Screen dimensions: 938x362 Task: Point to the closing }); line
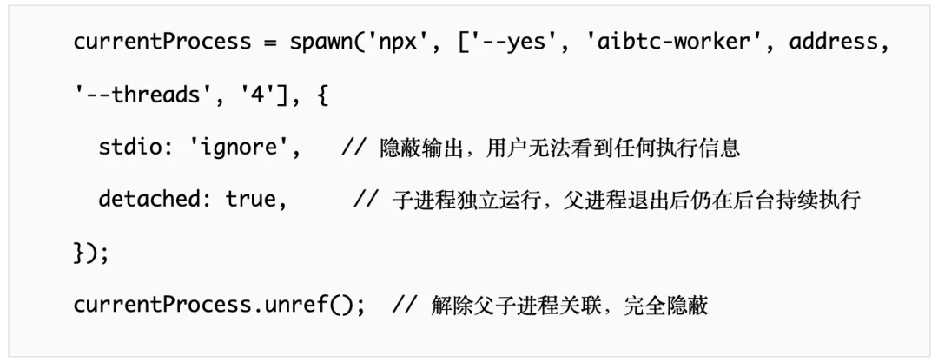(x=91, y=253)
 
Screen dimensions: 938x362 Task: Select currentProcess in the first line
(x=162, y=42)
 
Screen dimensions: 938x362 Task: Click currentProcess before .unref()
(x=162, y=306)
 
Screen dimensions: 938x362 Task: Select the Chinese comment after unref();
(x=569, y=306)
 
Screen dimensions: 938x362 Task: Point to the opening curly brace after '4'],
(x=322, y=95)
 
